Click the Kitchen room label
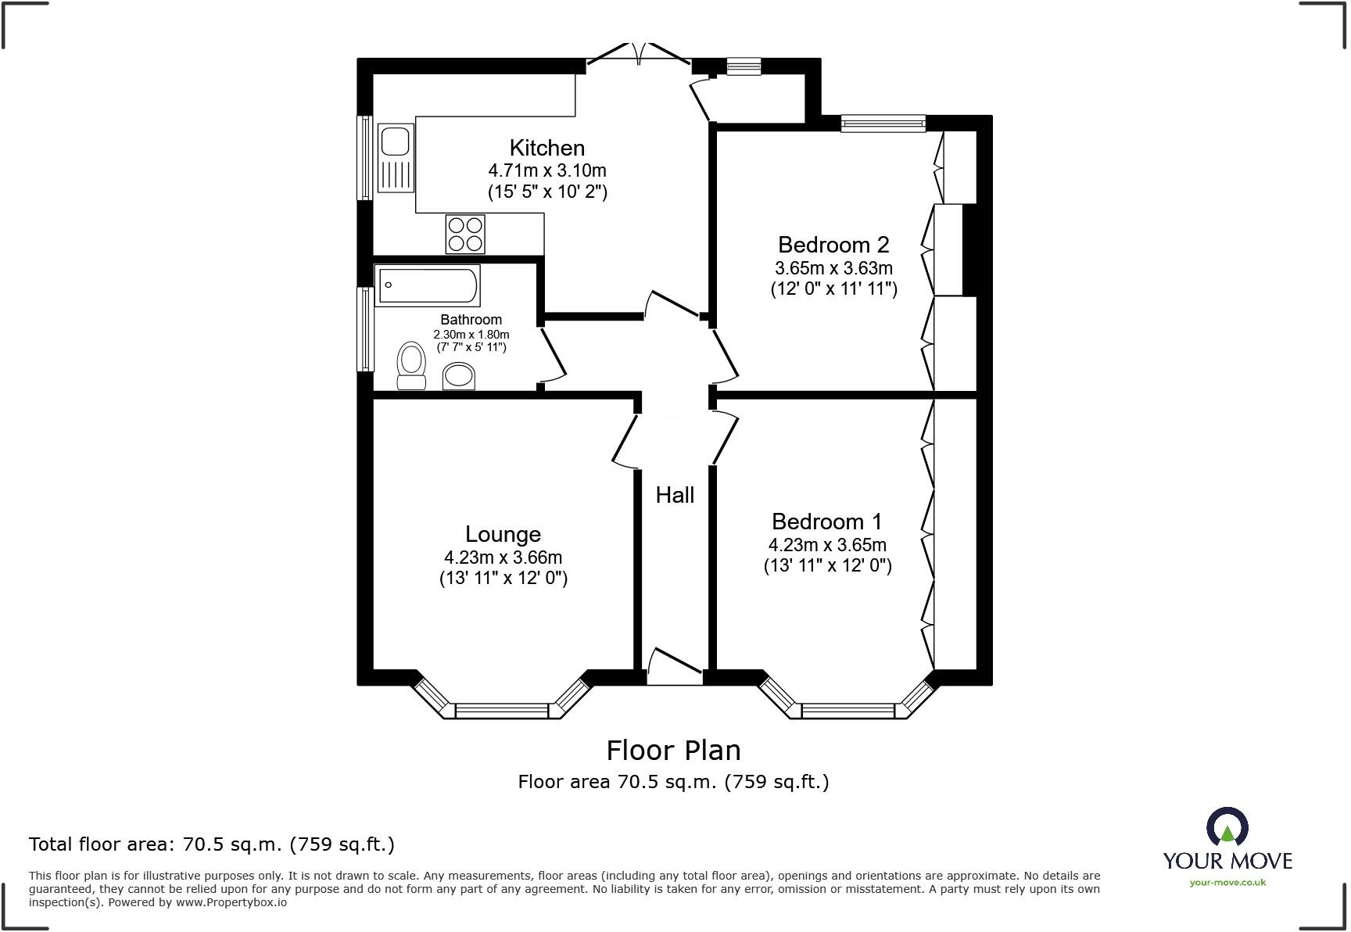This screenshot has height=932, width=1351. pos(546,148)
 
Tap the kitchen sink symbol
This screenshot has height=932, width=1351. pos(395,157)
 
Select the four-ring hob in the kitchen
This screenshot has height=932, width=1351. pos(465,234)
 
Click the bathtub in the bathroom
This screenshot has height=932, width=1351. pos(427,285)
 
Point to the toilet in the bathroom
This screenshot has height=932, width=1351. pos(410,365)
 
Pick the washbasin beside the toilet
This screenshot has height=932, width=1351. pos(459,376)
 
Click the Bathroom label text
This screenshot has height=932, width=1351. pos(471,320)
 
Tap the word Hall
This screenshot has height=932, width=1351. pos(675,495)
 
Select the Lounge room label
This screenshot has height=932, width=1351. pos(503,534)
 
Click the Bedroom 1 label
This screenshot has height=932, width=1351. pos(826,522)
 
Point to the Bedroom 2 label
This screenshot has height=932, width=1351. pos(833,245)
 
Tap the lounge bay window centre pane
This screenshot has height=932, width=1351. pos(502,711)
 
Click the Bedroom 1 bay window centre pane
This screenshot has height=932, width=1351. pos(848,711)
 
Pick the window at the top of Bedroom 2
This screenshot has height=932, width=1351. pos(883,123)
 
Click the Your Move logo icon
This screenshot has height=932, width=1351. pos(1227,826)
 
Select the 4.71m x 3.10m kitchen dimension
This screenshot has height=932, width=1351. pos(546,170)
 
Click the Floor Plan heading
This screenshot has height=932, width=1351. pos(673,751)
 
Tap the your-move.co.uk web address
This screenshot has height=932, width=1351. pos(1227,883)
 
